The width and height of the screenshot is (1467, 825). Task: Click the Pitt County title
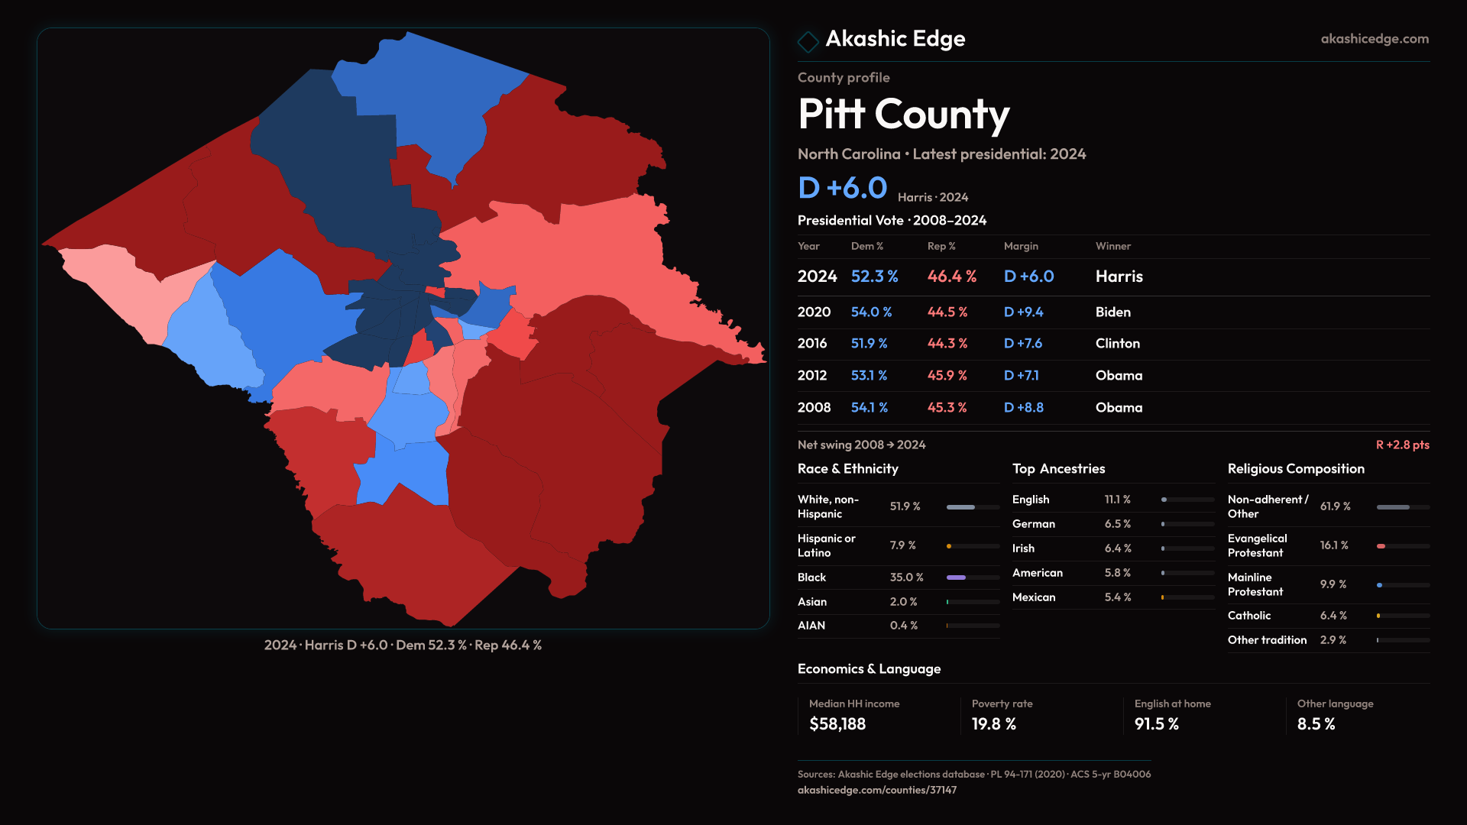point(903,115)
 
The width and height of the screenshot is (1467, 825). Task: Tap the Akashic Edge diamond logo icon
point(808,40)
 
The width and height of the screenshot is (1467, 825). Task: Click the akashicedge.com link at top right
point(1375,39)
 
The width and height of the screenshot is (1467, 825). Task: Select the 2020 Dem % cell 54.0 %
point(871,312)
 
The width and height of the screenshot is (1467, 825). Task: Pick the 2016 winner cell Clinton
point(1117,344)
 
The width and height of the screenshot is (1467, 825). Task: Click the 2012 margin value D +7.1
point(1021,376)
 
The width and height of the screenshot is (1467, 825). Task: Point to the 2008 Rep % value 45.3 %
point(947,408)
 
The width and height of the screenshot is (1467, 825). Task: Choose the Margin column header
point(1021,246)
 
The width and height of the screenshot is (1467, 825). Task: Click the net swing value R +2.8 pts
point(1402,445)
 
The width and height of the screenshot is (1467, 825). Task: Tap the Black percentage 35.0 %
point(906,577)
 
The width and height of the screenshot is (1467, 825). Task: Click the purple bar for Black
point(956,577)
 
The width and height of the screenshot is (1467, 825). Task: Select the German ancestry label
point(1033,524)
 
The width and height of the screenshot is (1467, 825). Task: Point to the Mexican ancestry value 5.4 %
point(1117,597)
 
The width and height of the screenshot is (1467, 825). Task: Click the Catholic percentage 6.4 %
point(1333,616)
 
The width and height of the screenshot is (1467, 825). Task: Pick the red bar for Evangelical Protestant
point(1381,546)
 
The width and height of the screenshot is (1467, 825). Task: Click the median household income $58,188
point(837,724)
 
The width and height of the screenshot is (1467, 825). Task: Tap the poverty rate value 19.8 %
point(993,724)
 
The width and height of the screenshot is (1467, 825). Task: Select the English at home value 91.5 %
point(1156,724)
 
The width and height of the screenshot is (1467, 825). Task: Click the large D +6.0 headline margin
point(842,188)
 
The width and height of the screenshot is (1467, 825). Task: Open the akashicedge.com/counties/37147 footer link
point(876,790)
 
